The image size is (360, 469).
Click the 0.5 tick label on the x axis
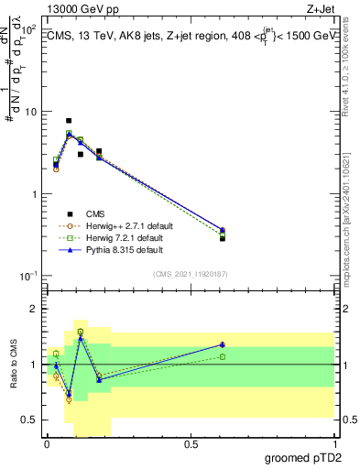(191, 444)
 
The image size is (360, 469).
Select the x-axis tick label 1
(334, 444)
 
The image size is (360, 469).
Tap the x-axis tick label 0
(47, 444)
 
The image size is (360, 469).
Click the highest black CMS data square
(69, 121)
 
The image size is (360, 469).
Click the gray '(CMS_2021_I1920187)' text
(190, 273)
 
